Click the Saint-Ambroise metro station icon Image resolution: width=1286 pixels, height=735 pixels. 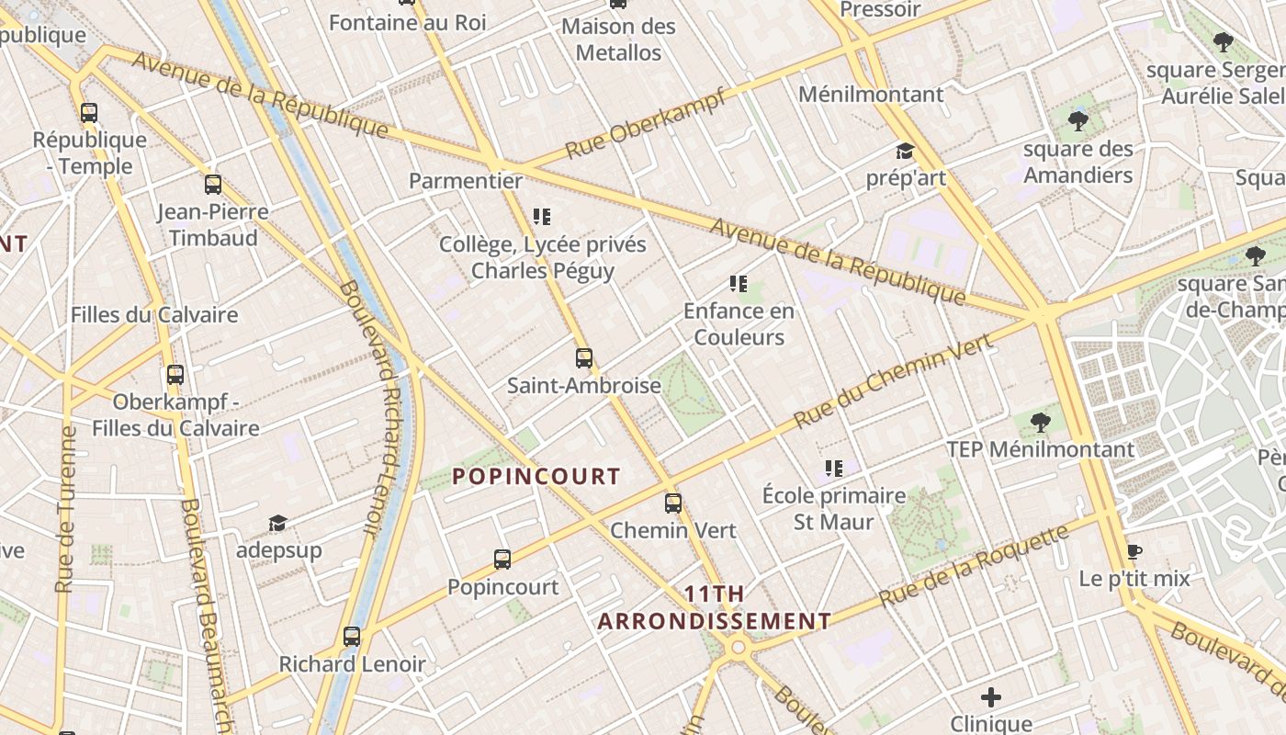pos(584,358)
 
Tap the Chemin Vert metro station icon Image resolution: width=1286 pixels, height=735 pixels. pos(673,503)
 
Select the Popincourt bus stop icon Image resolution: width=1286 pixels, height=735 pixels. pos(502,560)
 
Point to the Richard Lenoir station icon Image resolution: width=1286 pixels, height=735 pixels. pos(352,637)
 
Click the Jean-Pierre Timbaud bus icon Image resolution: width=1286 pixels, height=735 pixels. pos(213,185)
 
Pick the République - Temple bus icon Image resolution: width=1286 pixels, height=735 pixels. pos(89,113)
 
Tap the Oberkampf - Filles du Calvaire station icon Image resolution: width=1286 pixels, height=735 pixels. pos(175,375)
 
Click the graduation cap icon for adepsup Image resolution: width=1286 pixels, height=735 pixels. pos(277,524)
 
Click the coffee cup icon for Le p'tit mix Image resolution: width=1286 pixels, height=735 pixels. pos(1134,552)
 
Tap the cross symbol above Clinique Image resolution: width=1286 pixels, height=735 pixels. pos(991,697)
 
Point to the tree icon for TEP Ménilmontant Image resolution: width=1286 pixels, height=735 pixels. pos(1041,423)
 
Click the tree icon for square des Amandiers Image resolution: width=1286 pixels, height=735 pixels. pos(1078,120)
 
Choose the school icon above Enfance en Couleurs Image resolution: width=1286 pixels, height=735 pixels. pos(739,284)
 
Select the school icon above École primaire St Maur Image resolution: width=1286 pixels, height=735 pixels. pos(834,469)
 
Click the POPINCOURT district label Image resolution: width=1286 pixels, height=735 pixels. pos(536,477)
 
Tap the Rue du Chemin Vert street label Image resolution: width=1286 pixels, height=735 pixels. pos(894,381)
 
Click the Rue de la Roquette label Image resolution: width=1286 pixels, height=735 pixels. pos(975,565)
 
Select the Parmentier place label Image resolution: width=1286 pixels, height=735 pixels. pos(466,181)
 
